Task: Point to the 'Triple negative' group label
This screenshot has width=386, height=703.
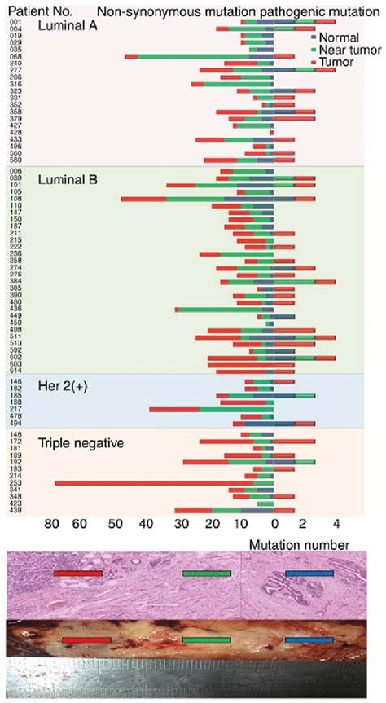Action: (81, 444)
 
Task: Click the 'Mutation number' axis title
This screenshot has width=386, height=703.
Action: (310, 544)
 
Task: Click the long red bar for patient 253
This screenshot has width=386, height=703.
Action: (147, 483)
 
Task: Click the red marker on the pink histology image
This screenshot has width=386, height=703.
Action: (78, 573)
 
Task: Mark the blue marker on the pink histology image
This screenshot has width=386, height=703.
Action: (309, 573)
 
